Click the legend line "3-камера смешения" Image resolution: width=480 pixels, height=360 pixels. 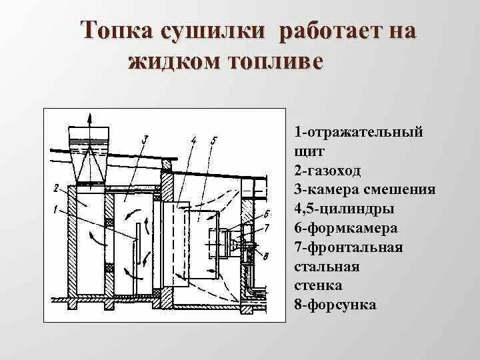tap(364, 190)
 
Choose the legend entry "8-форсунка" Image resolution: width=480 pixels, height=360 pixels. tap(335, 305)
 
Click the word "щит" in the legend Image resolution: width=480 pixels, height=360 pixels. tap(305, 151)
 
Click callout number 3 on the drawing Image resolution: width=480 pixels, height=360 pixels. tap(144, 139)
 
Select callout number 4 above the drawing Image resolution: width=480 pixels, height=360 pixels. tap(193, 140)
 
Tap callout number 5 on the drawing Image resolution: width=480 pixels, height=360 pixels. tap(213, 140)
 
